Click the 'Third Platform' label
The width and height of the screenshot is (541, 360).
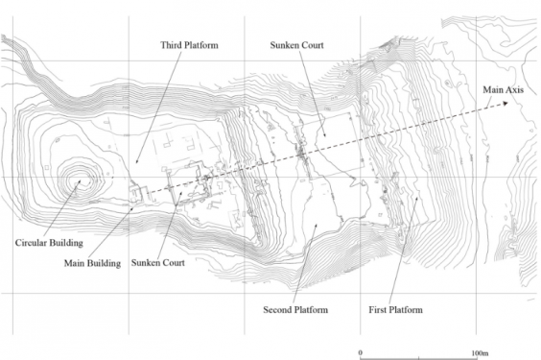pyautogui.click(x=189, y=45)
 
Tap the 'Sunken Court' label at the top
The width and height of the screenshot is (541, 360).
pyautogui.click(x=296, y=45)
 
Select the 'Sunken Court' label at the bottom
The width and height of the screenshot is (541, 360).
pyautogui.click(x=158, y=263)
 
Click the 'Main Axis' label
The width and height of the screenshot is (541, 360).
pyautogui.click(x=503, y=89)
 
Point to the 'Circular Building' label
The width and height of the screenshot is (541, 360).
pyautogui.click(x=49, y=243)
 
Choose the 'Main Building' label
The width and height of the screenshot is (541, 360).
pyautogui.click(x=92, y=264)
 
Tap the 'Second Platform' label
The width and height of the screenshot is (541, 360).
pyautogui.click(x=295, y=310)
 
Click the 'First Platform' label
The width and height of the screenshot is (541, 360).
pyautogui.click(x=396, y=310)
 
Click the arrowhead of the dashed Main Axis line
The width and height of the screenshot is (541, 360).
pyautogui.click(x=506, y=104)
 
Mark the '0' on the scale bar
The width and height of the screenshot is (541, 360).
pyautogui.click(x=361, y=352)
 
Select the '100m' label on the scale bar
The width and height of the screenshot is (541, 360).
pyautogui.click(x=480, y=353)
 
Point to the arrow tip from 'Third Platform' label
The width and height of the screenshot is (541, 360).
pyautogui.click(x=136, y=163)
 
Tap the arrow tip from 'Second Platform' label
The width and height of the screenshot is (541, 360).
pyautogui.click(x=316, y=224)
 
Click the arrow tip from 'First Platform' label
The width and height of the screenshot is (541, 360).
pyautogui.click(x=417, y=197)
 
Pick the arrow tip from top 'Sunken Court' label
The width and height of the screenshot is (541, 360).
pyautogui.click(x=324, y=136)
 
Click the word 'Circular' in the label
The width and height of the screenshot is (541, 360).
pyautogui.click(x=30, y=243)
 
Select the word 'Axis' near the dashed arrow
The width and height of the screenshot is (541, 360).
pyautogui.click(x=514, y=89)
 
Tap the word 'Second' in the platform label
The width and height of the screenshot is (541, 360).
pyautogui.click(x=276, y=310)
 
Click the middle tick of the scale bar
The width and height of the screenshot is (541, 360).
pyautogui.click(x=419, y=358)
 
